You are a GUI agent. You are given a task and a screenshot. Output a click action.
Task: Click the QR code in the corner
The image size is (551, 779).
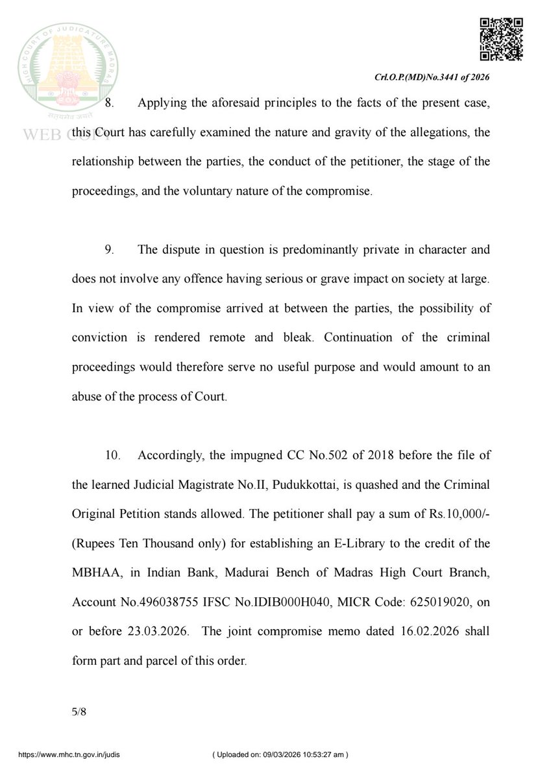(x=501, y=39)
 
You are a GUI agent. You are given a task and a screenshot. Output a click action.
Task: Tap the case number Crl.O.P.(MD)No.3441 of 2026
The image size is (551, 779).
(x=432, y=77)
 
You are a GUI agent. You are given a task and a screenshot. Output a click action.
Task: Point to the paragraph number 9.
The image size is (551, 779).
(x=109, y=249)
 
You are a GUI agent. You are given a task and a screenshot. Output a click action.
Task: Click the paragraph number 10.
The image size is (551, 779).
(x=112, y=456)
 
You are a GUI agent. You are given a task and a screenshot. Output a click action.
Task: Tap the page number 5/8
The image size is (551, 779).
(x=79, y=711)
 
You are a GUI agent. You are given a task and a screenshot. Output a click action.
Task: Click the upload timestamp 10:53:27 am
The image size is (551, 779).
(x=322, y=755)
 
